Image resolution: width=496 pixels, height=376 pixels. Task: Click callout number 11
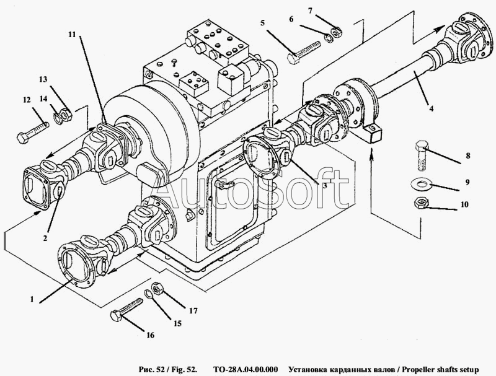pos(72,34)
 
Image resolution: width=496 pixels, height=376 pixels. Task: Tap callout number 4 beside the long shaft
pos(431,108)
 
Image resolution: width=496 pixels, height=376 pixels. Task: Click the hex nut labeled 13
pos(66,114)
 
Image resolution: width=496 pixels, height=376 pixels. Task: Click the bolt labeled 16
pos(126,308)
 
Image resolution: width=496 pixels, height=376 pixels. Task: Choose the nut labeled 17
pos(157,287)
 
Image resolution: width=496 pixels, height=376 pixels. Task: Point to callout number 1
pos(32,299)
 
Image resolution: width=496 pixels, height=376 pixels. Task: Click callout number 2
pos(45,238)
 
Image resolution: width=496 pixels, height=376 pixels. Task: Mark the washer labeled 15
pos(148,294)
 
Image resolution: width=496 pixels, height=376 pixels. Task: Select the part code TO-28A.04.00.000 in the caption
pos(246,369)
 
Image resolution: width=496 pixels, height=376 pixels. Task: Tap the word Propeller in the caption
pos(418,370)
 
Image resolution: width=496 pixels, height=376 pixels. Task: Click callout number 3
pos(324,185)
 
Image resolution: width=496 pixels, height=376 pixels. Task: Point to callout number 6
pos(291,19)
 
